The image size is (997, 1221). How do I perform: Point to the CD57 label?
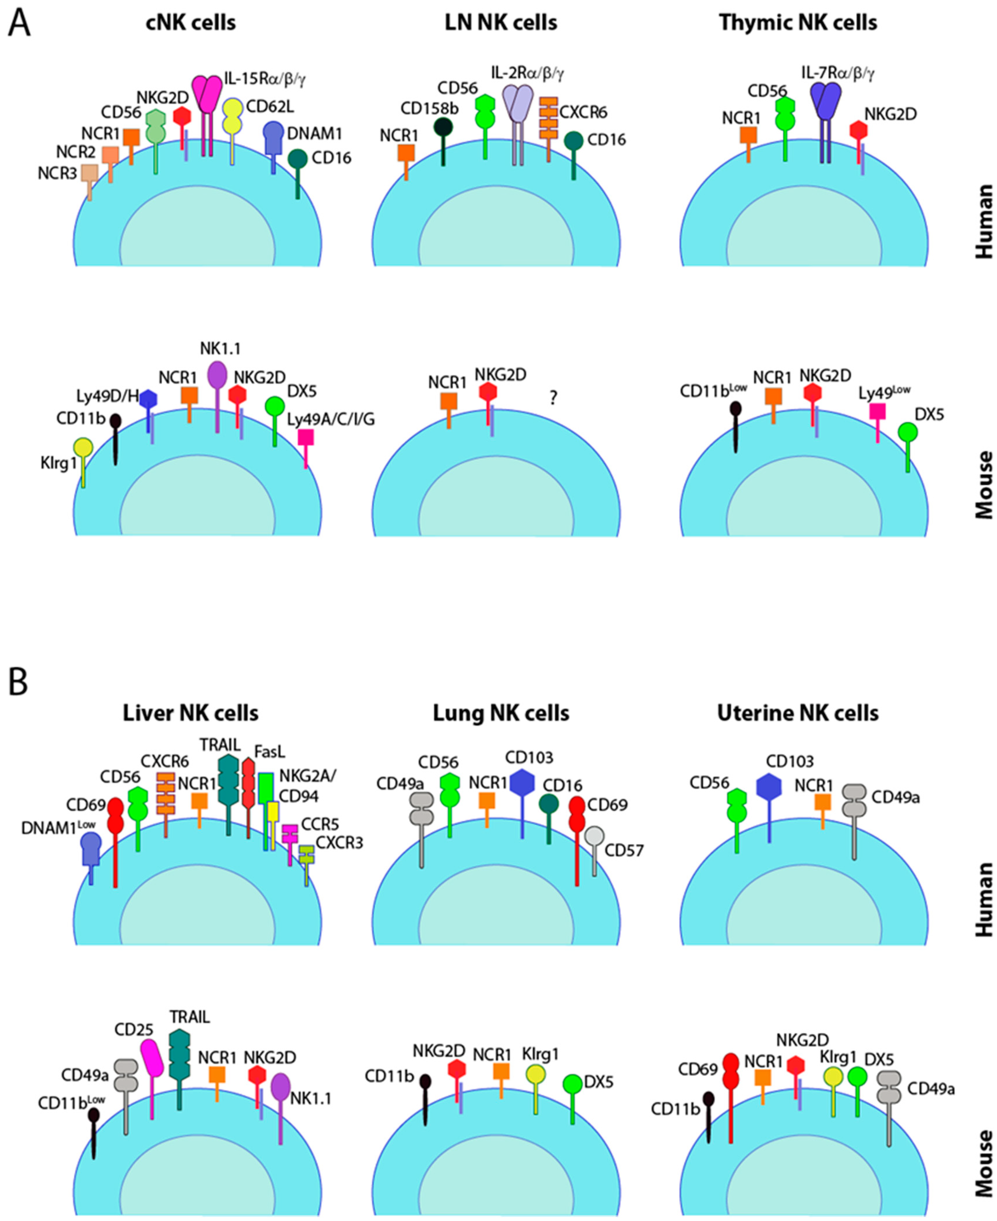624,850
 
